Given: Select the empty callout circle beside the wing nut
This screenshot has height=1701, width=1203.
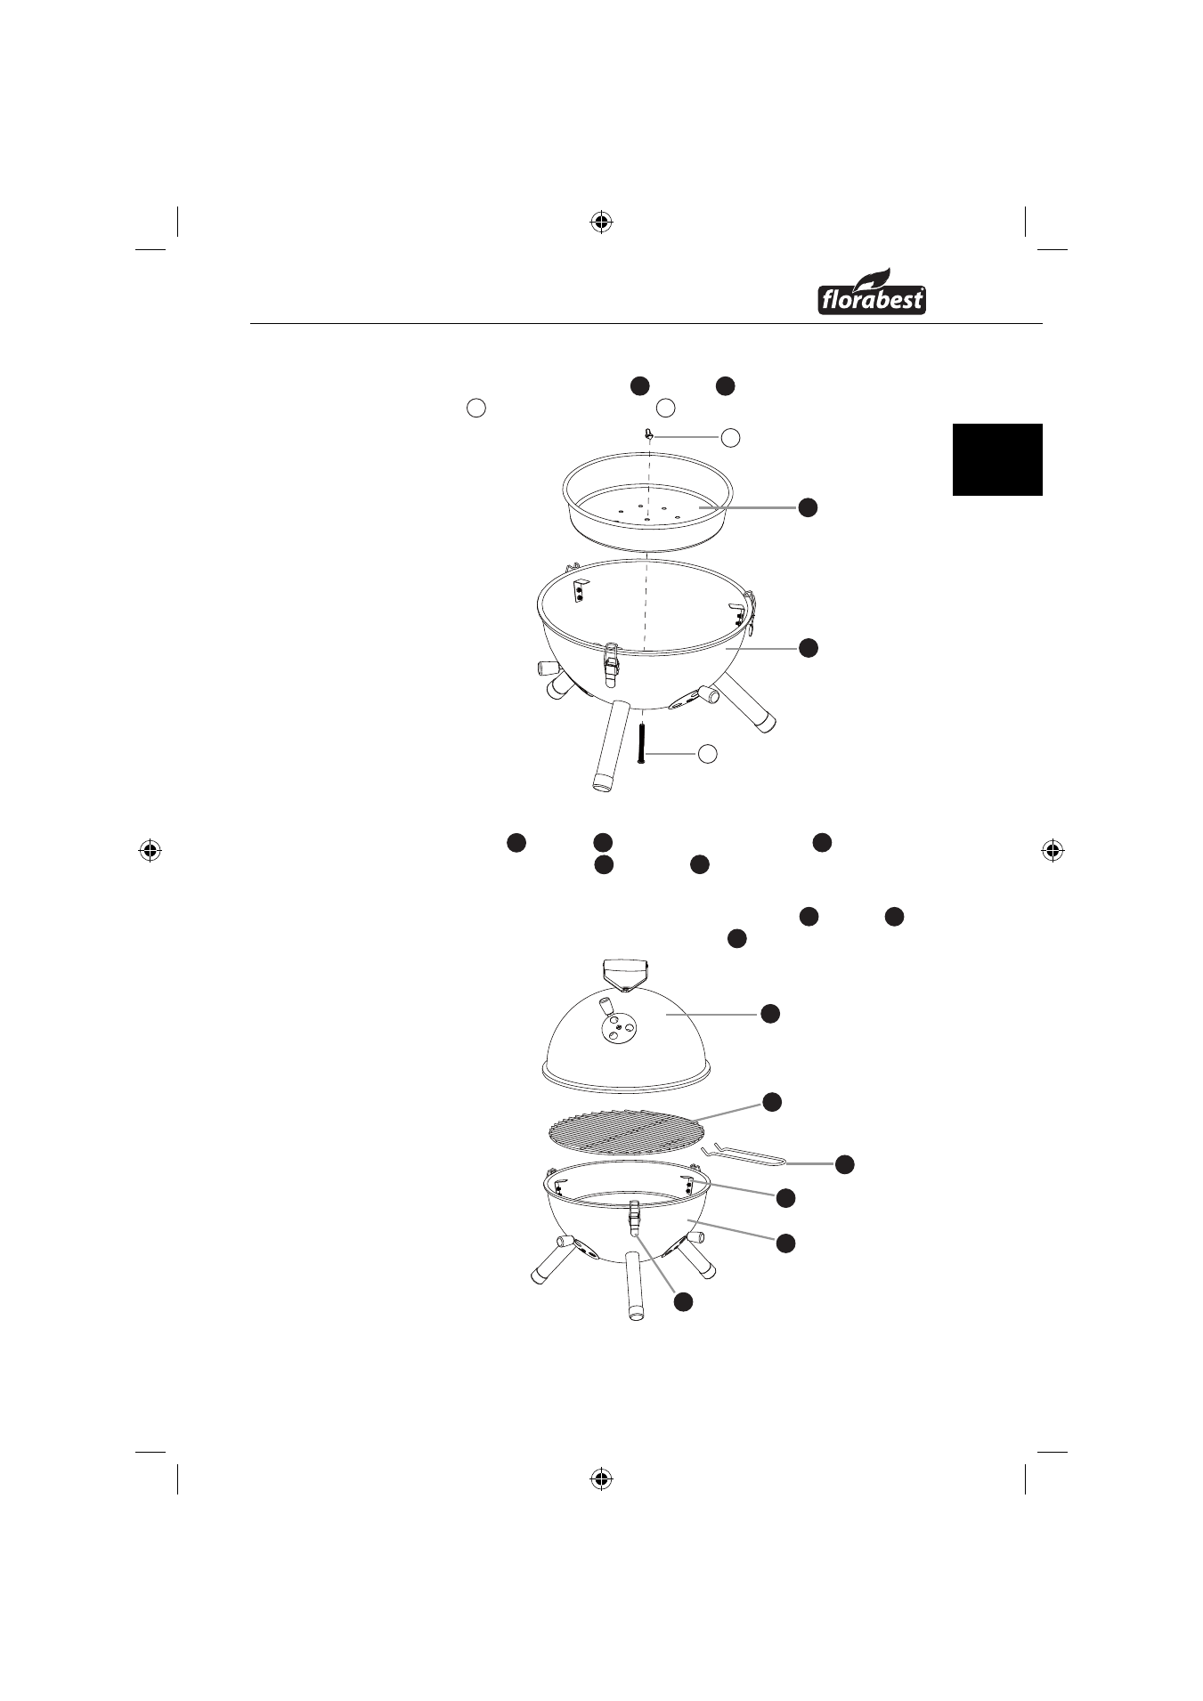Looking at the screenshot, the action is click(730, 437).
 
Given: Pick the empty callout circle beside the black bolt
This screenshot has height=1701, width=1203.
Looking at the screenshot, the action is click(706, 754).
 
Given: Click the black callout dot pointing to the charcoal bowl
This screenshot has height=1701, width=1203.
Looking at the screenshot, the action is click(807, 507).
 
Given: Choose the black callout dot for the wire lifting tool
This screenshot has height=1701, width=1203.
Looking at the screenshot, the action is click(845, 1163).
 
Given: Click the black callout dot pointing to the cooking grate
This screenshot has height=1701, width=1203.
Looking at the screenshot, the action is click(772, 1101).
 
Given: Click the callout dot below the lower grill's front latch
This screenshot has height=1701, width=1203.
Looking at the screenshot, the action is click(682, 1301).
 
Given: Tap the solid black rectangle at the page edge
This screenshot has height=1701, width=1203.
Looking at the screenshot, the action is click(997, 459).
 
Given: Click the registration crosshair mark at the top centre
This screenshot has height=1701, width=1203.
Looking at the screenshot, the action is click(602, 222).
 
